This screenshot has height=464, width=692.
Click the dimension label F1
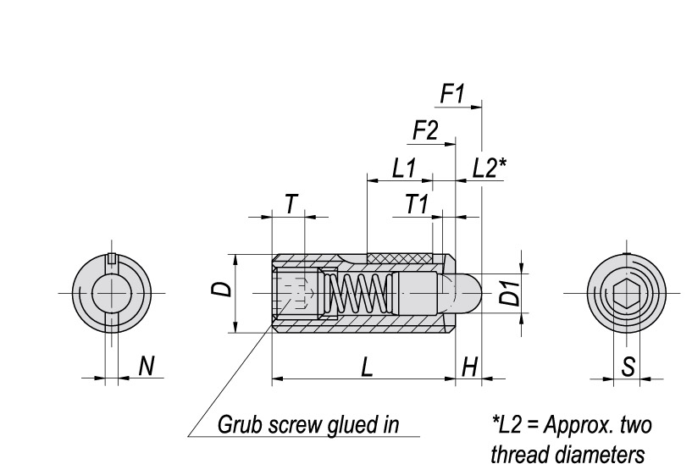pos(453,94)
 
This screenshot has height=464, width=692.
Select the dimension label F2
pos(426,131)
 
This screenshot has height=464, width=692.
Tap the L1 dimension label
pos(404,168)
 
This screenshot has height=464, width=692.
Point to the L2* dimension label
pos(489,168)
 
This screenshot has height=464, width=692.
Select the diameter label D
pos(220,290)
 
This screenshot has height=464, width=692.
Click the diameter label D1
pos(509,293)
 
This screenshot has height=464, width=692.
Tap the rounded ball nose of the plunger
pos(468,293)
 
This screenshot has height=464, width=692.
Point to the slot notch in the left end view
pos(110,258)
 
